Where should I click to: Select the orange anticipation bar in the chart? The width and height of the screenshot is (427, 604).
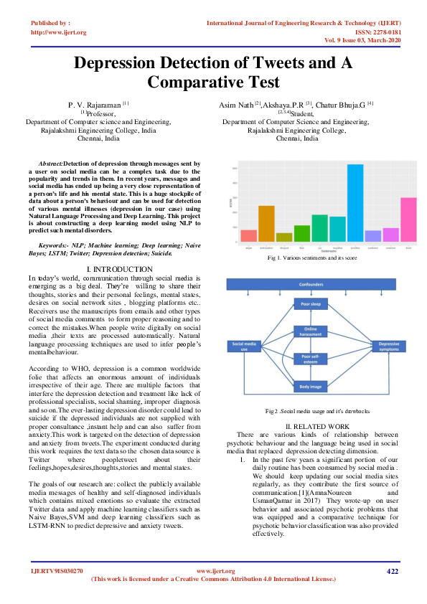tap(266, 224)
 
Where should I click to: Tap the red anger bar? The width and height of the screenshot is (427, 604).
tap(249, 235)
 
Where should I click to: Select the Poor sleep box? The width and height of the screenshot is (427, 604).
tap(311, 303)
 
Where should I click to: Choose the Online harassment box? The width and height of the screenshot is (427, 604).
tap(311, 331)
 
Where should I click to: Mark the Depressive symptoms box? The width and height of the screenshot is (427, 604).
tap(390, 345)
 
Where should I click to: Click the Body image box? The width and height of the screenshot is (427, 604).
tap(311, 386)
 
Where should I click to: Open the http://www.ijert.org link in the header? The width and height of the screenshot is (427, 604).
tap(59, 32)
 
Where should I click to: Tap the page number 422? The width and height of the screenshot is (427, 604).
tap(392, 571)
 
